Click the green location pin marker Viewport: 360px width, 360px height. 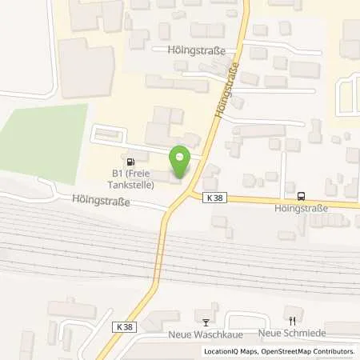179,162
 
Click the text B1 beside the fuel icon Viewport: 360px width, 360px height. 117,173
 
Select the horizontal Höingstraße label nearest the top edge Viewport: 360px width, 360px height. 192,50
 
